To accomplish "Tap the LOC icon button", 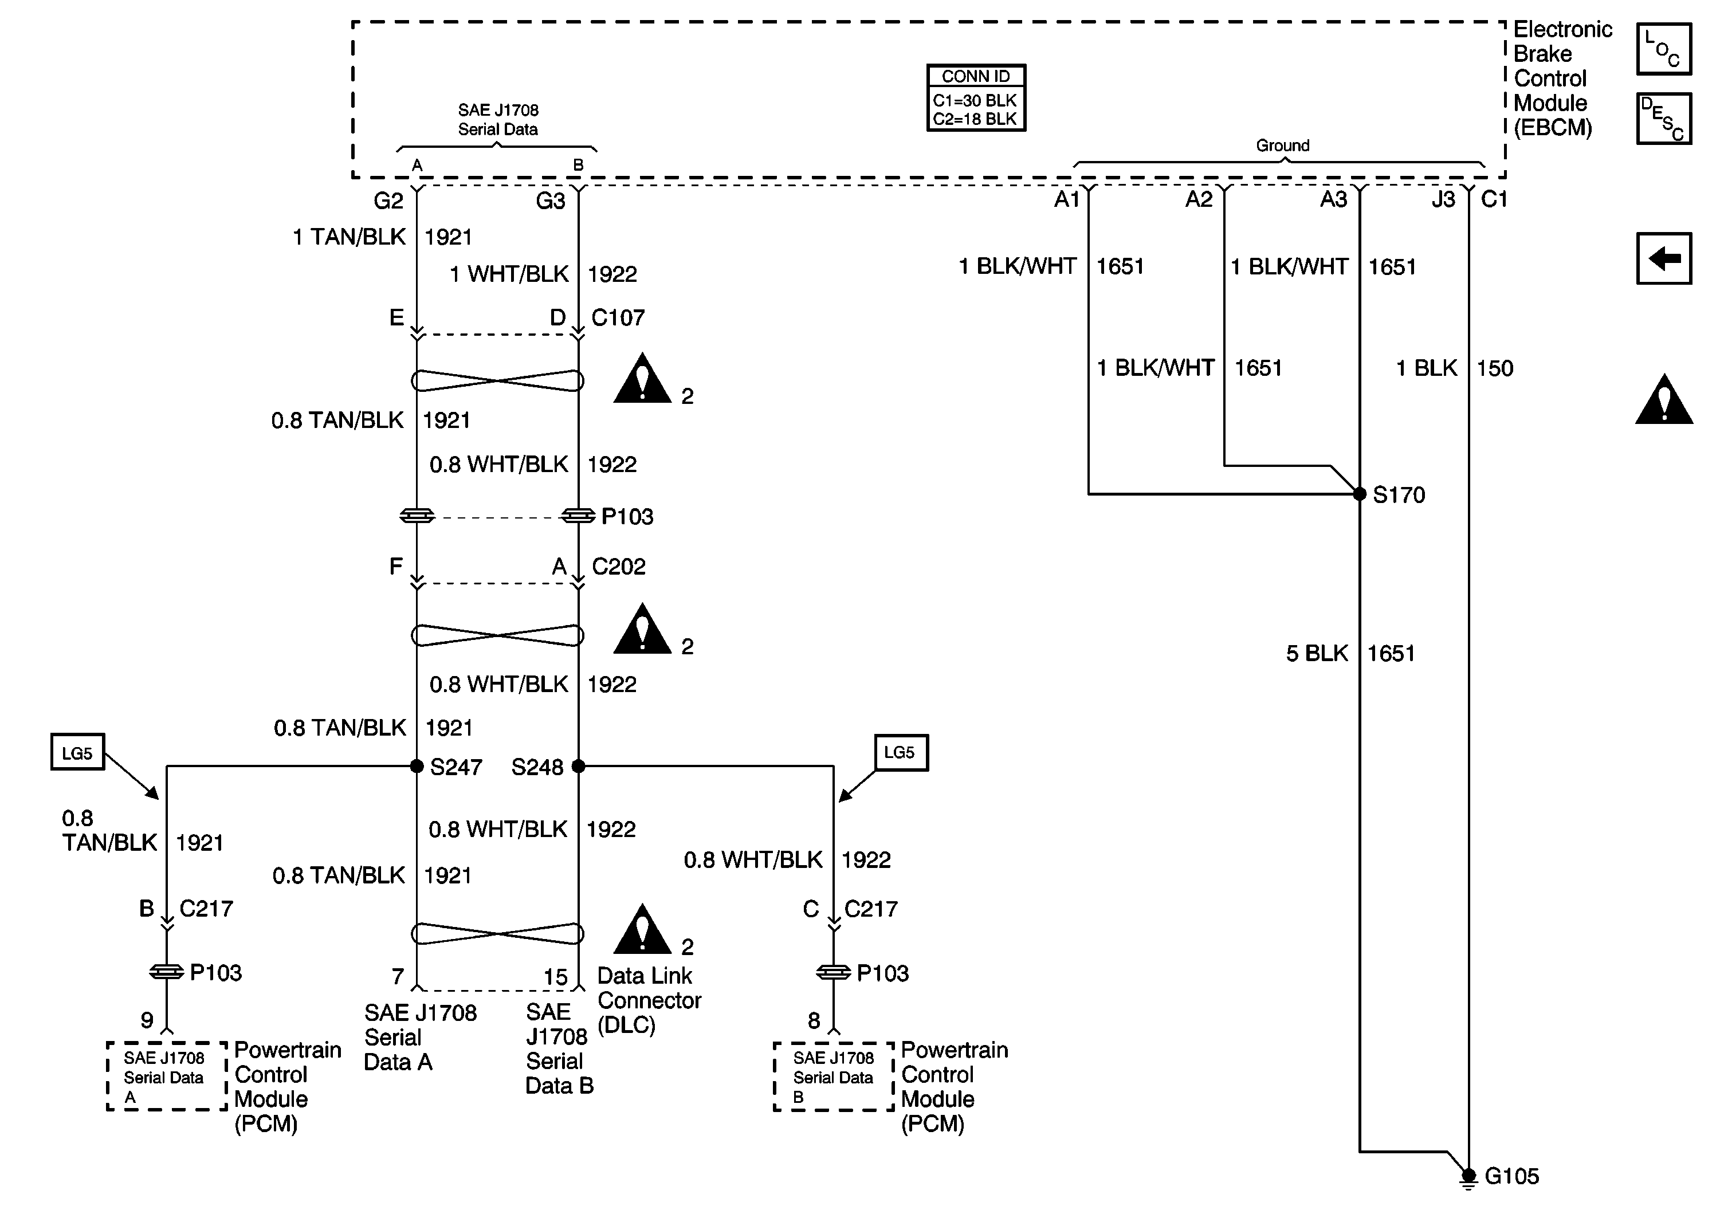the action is coord(1663,49).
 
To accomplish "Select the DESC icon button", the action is coord(1663,119).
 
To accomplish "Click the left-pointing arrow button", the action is coord(1663,258).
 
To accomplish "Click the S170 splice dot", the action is coord(1360,494).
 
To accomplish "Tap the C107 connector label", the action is coord(618,317).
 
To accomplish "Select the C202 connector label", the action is coord(618,566).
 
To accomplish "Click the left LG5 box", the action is coord(77,752).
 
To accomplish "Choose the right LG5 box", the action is coord(901,752).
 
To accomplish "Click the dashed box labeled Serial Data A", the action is coord(166,1077).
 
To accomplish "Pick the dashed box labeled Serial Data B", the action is coord(834,1077).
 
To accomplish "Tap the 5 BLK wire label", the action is coord(1317,653).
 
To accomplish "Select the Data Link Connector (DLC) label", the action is coord(649,1000).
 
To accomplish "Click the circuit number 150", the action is coord(1494,368).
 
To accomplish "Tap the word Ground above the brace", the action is coord(1282,146).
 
